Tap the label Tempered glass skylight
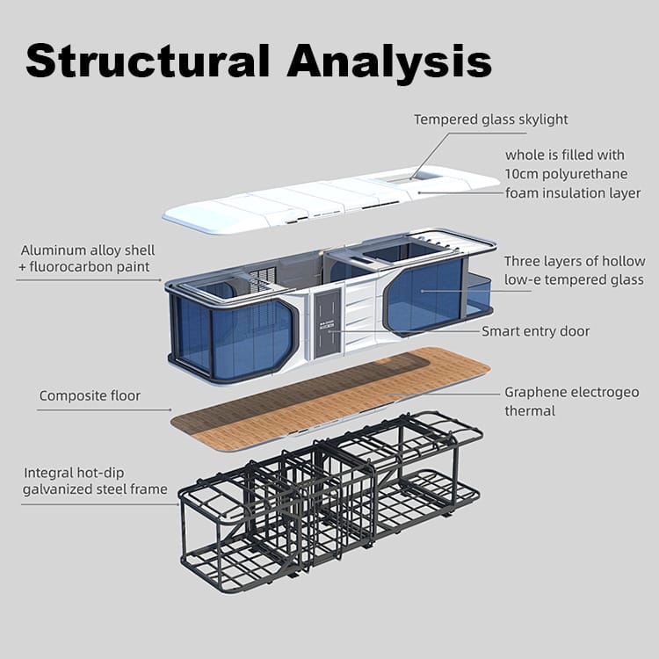tap(491, 119)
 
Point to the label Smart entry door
tap(535, 331)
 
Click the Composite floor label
tap(90, 396)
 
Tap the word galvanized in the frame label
tap(62, 489)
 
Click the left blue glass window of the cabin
tap(233, 334)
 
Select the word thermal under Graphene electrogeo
tap(530, 410)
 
